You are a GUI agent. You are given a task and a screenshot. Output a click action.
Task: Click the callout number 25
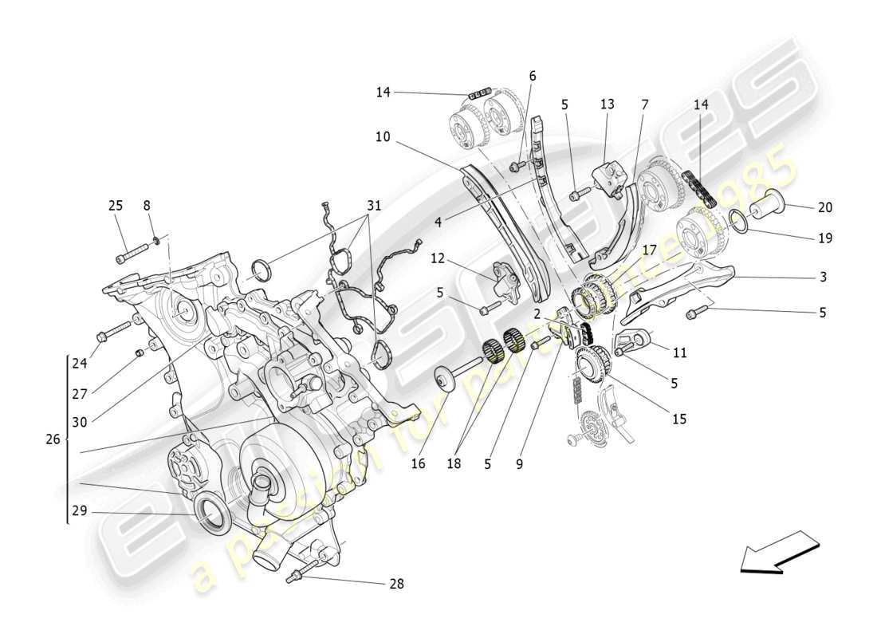tap(116, 206)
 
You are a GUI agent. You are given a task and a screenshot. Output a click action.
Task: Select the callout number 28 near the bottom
tap(396, 584)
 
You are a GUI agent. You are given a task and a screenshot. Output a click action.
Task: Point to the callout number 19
tap(824, 238)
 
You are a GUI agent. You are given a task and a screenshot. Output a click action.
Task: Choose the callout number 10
tap(383, 137)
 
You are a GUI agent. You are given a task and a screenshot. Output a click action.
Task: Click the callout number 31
tap(374, 206)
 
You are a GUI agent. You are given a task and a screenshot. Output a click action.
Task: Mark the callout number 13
tap(608, 104)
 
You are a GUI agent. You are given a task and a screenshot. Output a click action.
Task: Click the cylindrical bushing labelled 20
tap(766, 208)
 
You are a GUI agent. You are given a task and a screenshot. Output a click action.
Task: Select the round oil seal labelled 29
tap(214, 512)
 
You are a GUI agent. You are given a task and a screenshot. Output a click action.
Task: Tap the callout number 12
tap(437, 258)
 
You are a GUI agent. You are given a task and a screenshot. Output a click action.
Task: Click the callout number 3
tap(823, 278)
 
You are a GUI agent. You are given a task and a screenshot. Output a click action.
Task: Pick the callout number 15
tap(678, 418)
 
